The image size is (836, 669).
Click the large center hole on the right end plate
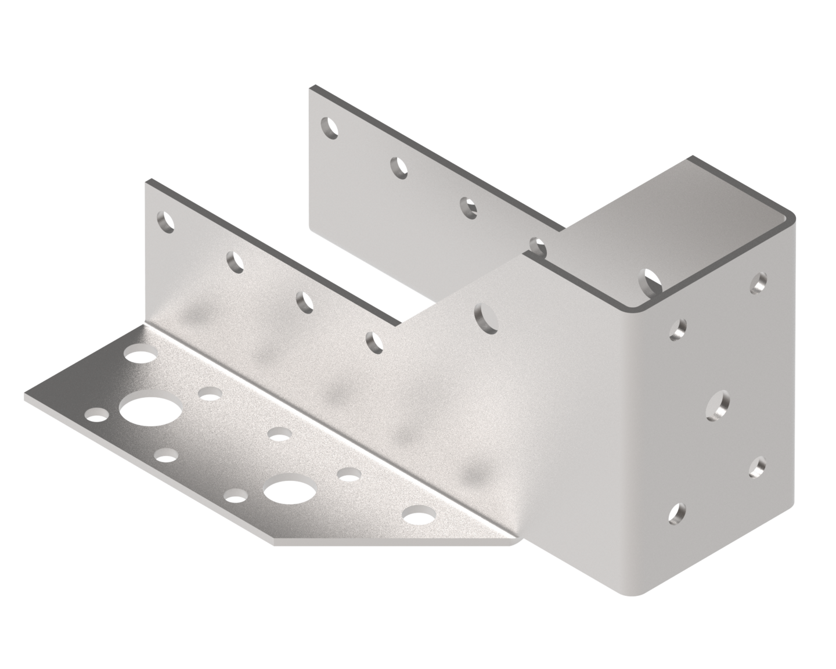[718, 404]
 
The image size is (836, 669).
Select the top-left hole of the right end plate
[678, 330]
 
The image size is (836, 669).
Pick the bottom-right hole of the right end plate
[758, 466]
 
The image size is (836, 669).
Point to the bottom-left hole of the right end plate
[678, 512]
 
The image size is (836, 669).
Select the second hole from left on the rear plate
[398, 167]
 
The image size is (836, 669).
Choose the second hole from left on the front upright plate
[235, 262]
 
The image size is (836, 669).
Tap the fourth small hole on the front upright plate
[374, 342]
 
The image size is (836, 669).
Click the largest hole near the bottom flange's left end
[143, 410]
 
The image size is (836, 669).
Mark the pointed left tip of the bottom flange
[26, 400]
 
